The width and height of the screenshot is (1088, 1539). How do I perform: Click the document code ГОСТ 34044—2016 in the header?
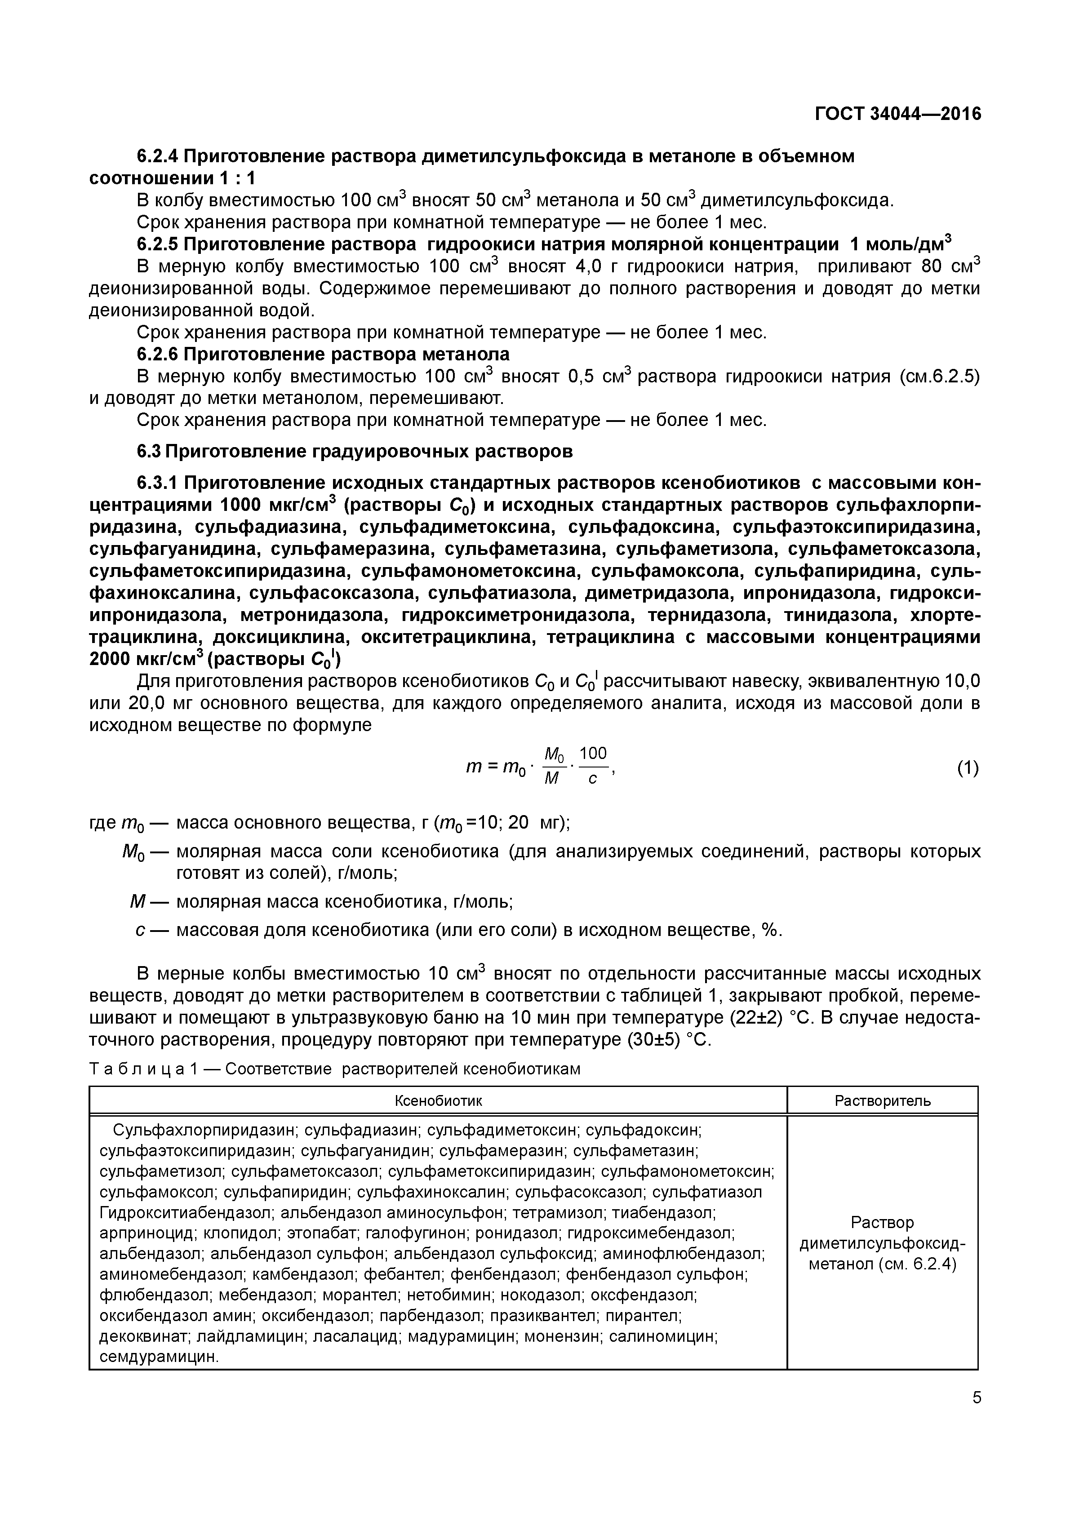[897, 114]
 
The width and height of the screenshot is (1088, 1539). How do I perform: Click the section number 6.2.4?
[158, 157]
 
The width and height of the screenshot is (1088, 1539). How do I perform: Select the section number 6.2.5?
[158, 244]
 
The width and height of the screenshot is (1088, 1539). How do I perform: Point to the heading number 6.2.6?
[158, 354]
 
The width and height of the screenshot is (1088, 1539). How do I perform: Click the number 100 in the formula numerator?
[593, 754]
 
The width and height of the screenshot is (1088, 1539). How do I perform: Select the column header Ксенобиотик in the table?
[438, 1100]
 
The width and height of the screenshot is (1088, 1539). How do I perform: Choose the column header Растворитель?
[882, 1100]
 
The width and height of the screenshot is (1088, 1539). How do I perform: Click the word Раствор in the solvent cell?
[882, 1223]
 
